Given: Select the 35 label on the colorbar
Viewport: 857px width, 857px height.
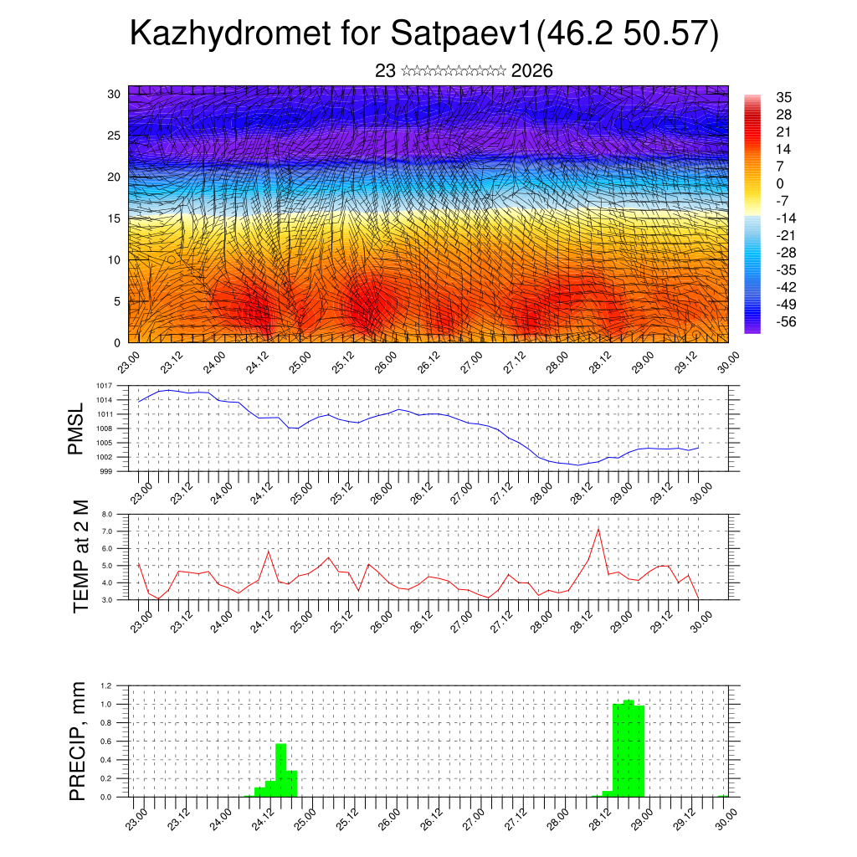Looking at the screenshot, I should (x=784, y=98).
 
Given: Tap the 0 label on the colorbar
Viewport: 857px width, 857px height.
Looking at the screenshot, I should (x=780, y=183).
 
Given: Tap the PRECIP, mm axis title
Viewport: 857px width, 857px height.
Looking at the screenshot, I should (x=78, y=742).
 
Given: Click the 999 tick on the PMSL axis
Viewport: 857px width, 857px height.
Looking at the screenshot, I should (x=107, y=471).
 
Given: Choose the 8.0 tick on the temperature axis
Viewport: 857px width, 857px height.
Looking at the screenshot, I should (x=107, y=515).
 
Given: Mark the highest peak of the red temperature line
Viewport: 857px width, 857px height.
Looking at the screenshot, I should (x=598, y=529).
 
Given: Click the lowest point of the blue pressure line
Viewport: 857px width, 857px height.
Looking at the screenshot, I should (x=577, y=465).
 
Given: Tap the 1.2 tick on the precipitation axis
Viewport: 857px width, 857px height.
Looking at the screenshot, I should (x=106, y=685).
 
